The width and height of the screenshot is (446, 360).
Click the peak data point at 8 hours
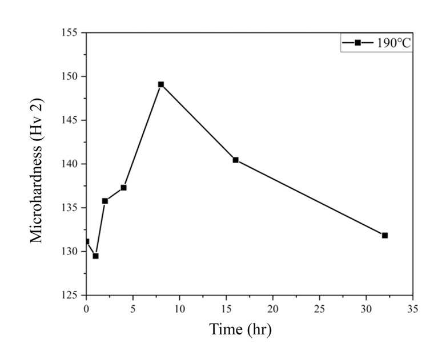160,84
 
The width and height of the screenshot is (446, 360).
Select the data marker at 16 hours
235,160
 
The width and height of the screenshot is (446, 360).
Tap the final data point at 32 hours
385,235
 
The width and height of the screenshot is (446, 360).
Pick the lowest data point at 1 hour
95,256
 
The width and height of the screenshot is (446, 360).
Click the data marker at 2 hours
105,201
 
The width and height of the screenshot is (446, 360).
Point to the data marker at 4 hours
123,188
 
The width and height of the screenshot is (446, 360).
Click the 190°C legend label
393,43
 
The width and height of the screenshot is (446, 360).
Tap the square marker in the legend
358,43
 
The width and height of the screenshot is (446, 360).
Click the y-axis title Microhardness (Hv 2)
37,170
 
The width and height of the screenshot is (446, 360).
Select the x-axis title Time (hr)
240,330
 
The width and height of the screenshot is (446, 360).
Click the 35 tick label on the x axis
413,309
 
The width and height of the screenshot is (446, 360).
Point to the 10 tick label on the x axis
179,309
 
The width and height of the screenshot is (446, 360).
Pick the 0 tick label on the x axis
86,309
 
